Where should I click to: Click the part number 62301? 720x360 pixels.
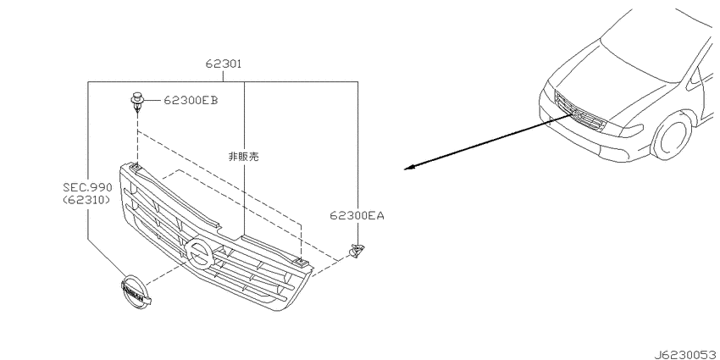coord(223,64)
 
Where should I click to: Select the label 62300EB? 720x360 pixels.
coord(191,100)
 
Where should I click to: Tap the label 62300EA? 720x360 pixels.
coord(357,215)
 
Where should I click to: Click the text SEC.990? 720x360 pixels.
coord(87,187)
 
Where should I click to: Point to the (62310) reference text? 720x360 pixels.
coord(86,200)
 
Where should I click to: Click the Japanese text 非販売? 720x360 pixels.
coord(243,157)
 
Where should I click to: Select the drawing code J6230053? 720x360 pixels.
coord(686,354)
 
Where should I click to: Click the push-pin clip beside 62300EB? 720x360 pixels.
coord(136,102)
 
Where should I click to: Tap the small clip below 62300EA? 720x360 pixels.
coord(356,250)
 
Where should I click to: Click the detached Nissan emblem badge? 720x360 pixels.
coord(135,292)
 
